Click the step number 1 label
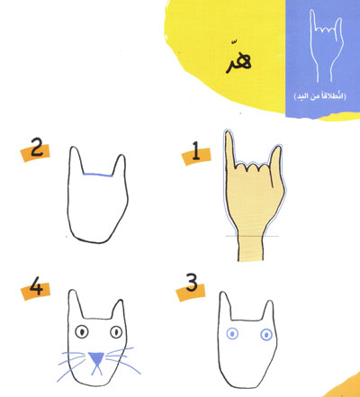pos(196,151)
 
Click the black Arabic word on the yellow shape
pos(238,60)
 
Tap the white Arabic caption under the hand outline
pos(319,96)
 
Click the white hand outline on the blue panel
pos(326,46)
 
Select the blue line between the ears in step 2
pos(98,175)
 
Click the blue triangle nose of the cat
pos(96,358)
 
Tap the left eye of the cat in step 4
pos(82,332)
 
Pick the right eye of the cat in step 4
pos(116,332)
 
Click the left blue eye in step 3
pos(232,334)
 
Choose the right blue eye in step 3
pos(266,335)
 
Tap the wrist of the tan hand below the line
pos(251,248)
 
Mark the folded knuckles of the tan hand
pos(253,167)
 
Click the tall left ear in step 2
pos(76,159)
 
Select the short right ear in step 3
pos(268,311)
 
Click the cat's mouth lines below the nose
pos(96,370)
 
